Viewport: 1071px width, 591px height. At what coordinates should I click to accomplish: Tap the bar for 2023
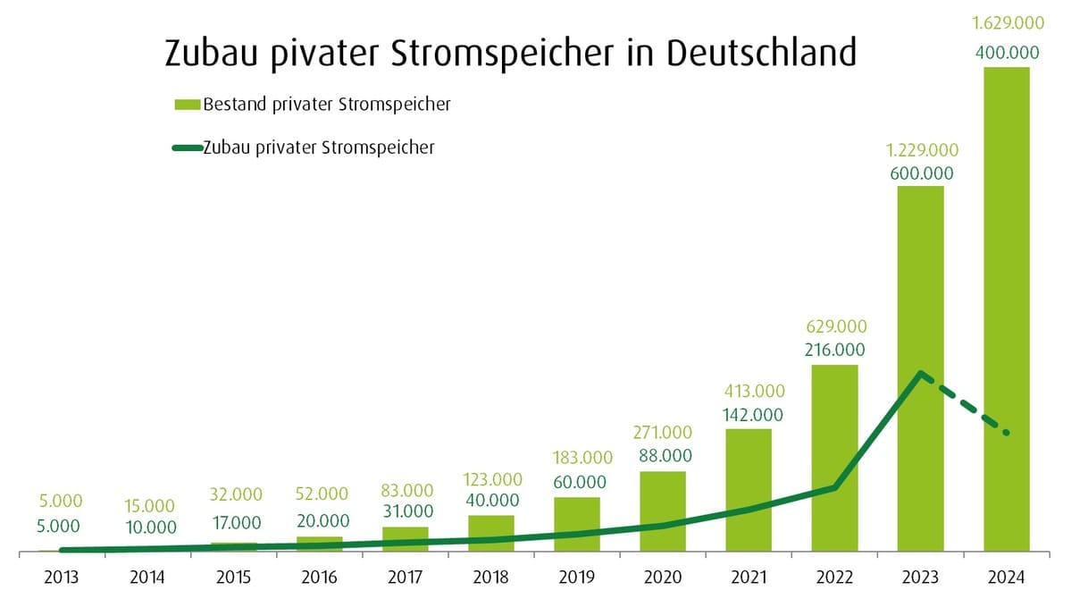[920, 286]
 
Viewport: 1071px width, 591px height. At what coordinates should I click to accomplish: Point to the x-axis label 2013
[61, 577]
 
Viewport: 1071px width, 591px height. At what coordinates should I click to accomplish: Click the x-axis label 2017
[405, 577]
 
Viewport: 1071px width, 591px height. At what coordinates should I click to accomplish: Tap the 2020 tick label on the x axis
[662, 577]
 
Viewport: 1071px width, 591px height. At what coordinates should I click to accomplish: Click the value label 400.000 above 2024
[1006, 54]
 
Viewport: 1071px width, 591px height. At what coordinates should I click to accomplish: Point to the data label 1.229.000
[921, 149]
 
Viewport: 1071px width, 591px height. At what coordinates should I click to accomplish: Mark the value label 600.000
[921, 173]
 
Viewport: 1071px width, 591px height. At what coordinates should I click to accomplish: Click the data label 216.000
[834, 350]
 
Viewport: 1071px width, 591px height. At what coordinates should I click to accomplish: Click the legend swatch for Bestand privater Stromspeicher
[187, 106]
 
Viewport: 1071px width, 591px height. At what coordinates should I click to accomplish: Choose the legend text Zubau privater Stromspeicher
[319, 148]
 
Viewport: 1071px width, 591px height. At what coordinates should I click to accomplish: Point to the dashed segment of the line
[965, 404]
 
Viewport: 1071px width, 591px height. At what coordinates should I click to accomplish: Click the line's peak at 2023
[920, 373]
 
